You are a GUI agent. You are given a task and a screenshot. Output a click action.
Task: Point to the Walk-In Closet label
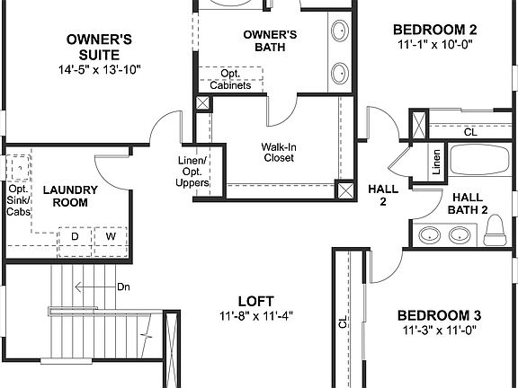click(279, 152)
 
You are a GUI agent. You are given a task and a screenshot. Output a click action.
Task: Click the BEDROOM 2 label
click(434, 29)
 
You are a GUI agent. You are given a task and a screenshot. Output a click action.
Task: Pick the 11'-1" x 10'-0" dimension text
click(434, 43)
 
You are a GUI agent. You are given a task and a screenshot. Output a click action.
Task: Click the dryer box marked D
click(76, 236)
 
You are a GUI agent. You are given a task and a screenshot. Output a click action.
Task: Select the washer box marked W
click(111, 236)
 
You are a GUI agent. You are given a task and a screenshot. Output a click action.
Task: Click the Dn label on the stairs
click(124, 287)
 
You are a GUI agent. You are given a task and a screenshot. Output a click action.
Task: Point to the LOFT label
click(256, 300)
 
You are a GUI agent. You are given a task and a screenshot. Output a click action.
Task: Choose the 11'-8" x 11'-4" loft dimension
click(256, 316)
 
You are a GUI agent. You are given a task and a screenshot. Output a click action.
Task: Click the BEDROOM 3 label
click(440, 315)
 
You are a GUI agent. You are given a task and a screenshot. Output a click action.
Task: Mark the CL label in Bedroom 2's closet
click(470, 131)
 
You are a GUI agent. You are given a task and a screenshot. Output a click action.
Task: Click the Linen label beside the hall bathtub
click(436, 163)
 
